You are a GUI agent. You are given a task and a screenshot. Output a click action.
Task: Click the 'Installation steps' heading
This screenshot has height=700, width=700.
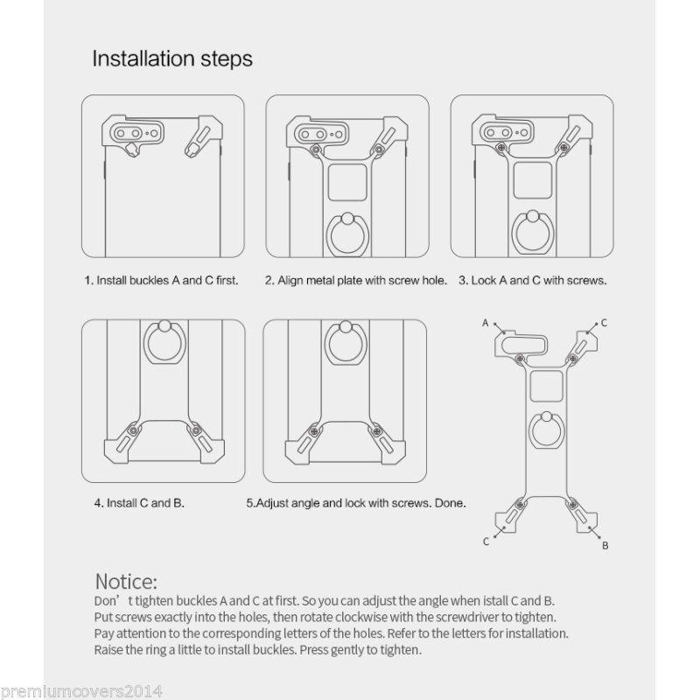[172, 59]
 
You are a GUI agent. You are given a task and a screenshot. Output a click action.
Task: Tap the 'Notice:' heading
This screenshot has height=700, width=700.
[126, 581]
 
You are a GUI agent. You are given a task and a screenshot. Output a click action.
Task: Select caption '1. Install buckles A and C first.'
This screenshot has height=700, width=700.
[161, 280]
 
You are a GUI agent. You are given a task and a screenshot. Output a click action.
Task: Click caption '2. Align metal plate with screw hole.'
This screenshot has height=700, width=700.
[356, 280]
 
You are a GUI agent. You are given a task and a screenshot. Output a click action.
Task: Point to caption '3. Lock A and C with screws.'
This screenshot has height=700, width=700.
[533, 280]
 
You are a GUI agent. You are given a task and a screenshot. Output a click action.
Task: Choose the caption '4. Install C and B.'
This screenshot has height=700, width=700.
[139, 503]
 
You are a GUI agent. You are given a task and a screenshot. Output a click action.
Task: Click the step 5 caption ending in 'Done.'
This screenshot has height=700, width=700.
[356, 503]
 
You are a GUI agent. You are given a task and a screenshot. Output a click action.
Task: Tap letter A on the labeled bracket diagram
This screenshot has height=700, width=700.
[486, 323]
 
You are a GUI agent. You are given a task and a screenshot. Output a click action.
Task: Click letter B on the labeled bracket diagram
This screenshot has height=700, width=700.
[605, 545]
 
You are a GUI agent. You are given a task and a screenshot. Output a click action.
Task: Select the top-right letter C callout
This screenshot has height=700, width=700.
[604, 323]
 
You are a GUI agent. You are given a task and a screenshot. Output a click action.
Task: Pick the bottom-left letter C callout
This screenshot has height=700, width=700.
[486, 542]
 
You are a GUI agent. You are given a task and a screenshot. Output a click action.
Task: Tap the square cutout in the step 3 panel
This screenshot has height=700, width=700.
[533, 180]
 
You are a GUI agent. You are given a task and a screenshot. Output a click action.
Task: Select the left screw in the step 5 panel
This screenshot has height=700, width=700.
[314, 431]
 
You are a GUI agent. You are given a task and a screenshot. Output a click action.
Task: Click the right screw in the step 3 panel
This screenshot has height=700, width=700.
[563, 147]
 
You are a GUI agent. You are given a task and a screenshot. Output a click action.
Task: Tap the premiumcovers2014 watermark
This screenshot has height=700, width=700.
[80, 691]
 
